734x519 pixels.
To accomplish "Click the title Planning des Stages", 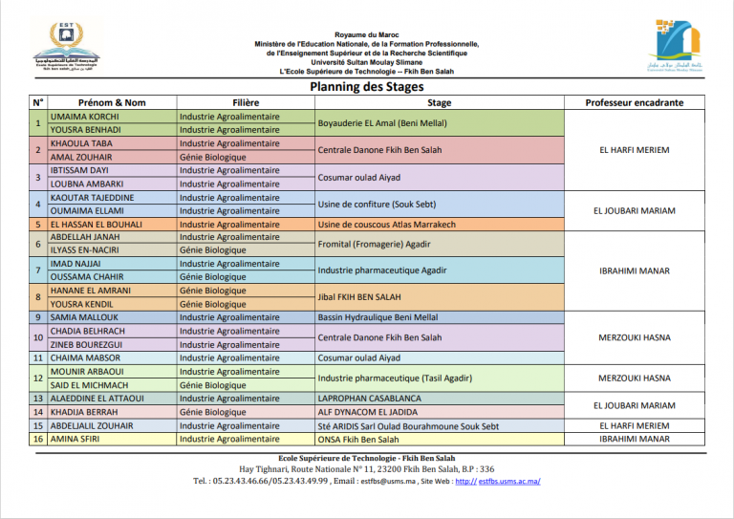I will tap(367, 86).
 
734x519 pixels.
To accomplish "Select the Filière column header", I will tap(246, 102).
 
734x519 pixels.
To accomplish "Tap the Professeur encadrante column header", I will tap(634, 102).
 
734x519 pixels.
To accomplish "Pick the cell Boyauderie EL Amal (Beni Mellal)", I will tap(382, 123).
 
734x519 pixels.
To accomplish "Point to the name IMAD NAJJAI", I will tap(76, 264).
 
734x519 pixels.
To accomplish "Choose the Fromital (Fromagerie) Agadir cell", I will tap(373, 245).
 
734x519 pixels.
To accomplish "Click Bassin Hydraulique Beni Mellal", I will tap(378, 317).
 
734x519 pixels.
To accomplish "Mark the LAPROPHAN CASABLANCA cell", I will tap(369, 399).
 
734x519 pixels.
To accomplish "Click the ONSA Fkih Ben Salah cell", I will tap(358, 440).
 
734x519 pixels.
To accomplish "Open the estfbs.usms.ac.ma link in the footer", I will tap(509, 481).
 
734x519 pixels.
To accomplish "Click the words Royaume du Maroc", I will tap(367, 34).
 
